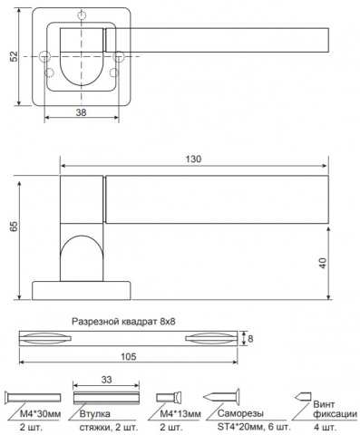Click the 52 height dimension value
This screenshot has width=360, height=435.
coord(14,56)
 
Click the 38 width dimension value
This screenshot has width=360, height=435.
coord(81,112)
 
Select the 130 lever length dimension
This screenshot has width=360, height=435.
coord(193,159)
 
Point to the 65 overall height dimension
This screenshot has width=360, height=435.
coord(14,227)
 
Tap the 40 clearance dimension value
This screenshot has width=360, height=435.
coord(324,263)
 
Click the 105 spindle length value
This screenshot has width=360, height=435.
coord(129,357)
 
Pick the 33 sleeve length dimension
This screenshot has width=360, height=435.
coord(106,380)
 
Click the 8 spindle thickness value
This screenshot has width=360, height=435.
coord(250,339)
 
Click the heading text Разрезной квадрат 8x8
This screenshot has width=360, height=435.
coord(123,322)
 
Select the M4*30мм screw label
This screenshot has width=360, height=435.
coord(41,414)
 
